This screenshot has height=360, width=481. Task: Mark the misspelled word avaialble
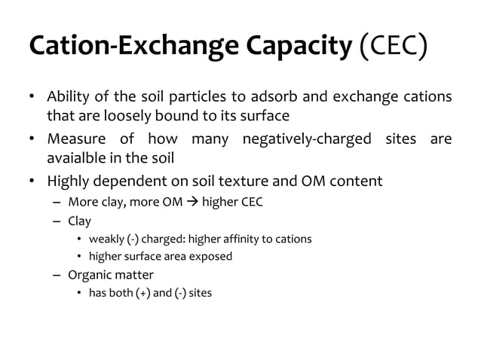click(75, 158)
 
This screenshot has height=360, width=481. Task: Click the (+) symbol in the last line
click(143, 292)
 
